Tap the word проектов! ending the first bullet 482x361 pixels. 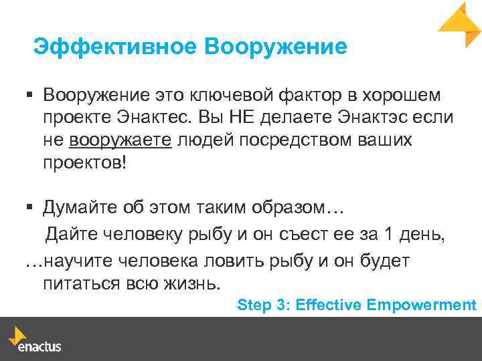(84, 163)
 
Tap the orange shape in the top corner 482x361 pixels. (460, 23)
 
